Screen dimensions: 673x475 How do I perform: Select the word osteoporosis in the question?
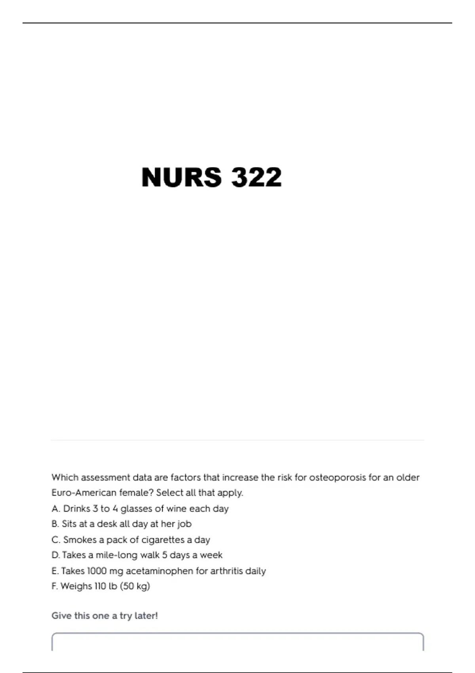(337, 477)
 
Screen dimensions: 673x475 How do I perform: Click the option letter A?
(55, 509)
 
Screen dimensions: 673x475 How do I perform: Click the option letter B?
(55, 524)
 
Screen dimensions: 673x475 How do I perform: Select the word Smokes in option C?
(80, 540)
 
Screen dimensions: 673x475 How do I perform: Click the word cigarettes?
(163, 540)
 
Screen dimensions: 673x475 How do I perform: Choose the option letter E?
(55, 571)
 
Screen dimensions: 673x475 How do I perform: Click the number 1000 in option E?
(97, 571)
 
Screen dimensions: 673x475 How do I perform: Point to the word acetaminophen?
(159, 571)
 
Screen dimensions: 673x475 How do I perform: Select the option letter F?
(54, 586)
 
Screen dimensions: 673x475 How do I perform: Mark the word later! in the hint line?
(146, 616)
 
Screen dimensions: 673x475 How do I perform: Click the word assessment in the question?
(105, 477)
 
